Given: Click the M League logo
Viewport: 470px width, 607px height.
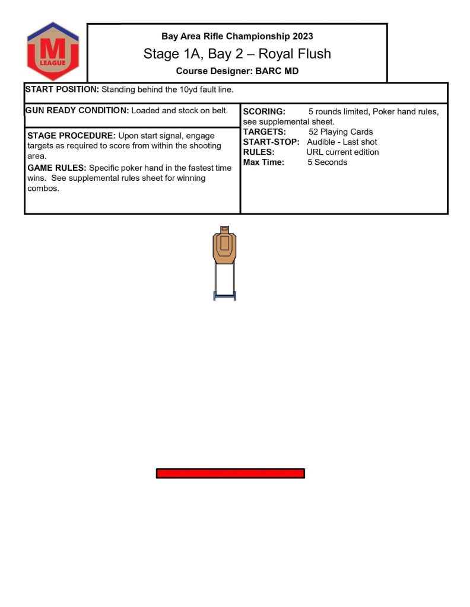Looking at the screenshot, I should [x=53, y=51].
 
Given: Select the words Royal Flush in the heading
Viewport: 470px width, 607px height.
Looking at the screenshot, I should [x=299, y=54].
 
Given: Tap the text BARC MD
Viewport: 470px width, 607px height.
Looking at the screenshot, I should [x=277, y=71].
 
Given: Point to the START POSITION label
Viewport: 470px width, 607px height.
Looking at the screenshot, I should [x=62, y=90].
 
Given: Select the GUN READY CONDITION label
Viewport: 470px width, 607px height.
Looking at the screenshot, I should [x=77, y=110].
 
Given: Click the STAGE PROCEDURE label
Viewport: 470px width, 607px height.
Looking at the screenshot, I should [x=71, y=136].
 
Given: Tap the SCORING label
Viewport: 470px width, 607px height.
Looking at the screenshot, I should [x=264, y=111].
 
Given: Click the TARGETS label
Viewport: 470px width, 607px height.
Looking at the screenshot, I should [x=265, y=132].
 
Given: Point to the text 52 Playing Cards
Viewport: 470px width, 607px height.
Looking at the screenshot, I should [x=341, y=132].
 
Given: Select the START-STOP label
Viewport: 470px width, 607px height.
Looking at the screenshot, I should [x=271, y=142].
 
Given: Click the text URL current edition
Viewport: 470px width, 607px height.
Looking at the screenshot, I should [x=342, y=152].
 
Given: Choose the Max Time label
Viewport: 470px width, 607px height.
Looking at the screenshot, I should [x=263, y=162].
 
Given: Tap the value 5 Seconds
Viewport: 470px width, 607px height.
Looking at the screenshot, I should [x=327, y=162].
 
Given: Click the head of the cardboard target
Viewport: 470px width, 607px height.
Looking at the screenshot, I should [x=224, y=229].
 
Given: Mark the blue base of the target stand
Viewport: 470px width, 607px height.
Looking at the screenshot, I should [x=224, y=295].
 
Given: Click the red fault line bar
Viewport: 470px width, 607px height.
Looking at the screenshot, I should [x=230, y=473].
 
